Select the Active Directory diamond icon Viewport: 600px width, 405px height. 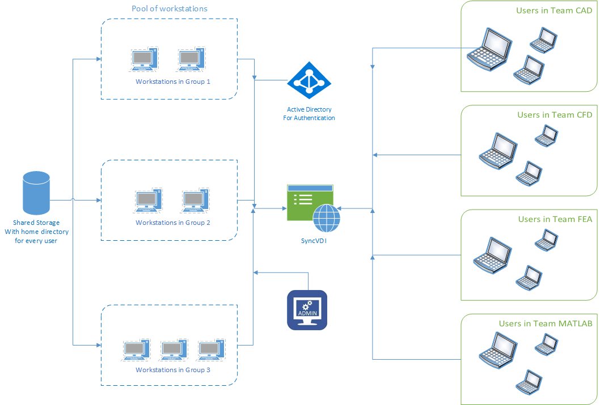(x=309, y=80)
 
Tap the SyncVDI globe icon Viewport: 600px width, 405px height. (x=327, y=218)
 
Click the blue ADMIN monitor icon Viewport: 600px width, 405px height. (x=307, y=310)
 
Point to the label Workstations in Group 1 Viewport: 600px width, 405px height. (x=173, y=82)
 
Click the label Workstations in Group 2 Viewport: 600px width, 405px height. (x=173, y=223)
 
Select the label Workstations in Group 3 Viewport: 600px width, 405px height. (x=173, y=370)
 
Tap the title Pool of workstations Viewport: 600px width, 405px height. (x=170, y=8)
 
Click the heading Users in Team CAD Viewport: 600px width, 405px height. (x=553, y=11)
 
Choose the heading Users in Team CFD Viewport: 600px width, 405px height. (x=555, y=115)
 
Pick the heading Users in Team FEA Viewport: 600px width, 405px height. (x=555, y=219)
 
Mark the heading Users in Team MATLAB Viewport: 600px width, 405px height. (x=546, y=323)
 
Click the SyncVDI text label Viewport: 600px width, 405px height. (x=314, y=240)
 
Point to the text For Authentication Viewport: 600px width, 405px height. (x=309, y=118)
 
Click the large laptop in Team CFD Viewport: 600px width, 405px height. (x=497, y=150)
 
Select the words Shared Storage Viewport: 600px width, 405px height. (x=36, y=223)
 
